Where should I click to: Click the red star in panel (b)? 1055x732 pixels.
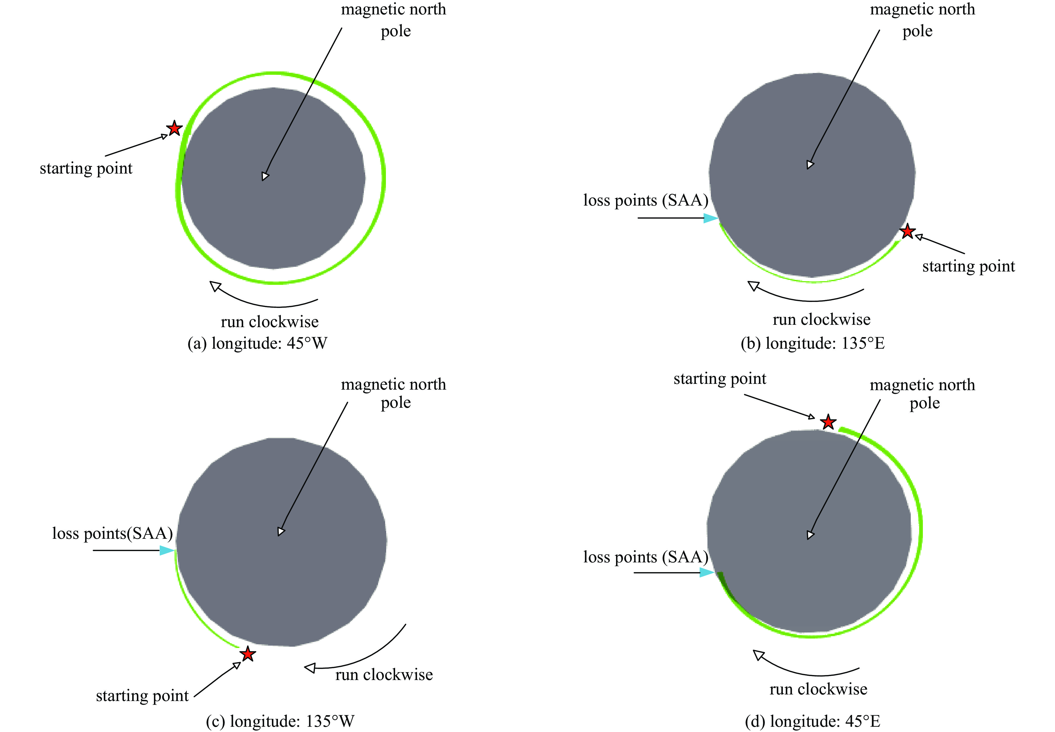click(907, 232)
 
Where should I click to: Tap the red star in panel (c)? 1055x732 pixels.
click(248, 653)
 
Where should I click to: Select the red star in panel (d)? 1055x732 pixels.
click(828, 421)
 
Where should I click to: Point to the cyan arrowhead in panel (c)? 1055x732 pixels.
click(167, 550)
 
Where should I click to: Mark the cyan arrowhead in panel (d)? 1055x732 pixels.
click(707, 572)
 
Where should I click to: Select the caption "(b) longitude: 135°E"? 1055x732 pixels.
click(812, 343)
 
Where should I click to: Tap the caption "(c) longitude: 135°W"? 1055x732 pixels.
click(280, 721)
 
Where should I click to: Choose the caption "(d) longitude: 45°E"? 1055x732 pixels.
click(812, 721)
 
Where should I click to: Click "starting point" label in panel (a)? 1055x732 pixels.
click(86, 168)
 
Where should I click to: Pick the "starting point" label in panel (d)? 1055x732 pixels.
click(720, 379)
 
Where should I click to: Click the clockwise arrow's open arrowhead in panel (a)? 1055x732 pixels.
click(215, 286)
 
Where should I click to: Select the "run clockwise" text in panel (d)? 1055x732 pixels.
click(818, 689)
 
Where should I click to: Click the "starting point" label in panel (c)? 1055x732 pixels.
click(142, 696)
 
